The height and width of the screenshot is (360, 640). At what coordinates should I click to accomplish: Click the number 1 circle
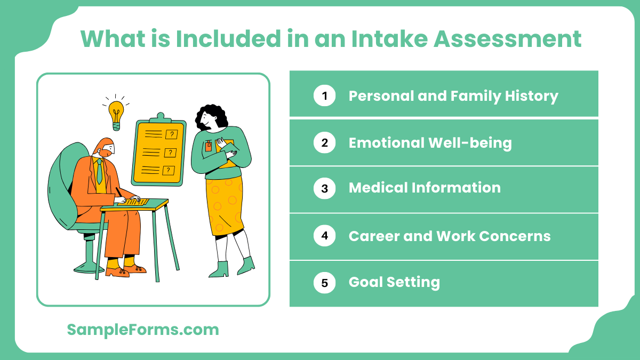tap(324, 96)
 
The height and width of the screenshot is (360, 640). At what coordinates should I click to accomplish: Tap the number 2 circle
tap(324, 143)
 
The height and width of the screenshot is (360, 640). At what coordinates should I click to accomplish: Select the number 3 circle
tap(324, 188)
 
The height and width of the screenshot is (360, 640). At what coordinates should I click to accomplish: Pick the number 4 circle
tap(324, 236)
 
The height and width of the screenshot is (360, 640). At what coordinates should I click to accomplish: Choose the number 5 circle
tap(324, 283)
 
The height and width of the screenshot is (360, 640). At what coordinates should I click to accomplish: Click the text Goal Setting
tap(394, 283)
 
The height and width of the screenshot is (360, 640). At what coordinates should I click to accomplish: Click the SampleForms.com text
tap(143, 330)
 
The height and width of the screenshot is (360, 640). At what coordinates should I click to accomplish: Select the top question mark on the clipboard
tap(171, 134)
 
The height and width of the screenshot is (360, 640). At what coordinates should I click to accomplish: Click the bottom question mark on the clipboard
tap(169, 171)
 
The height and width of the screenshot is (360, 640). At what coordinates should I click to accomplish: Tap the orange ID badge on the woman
tap(209, 146)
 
